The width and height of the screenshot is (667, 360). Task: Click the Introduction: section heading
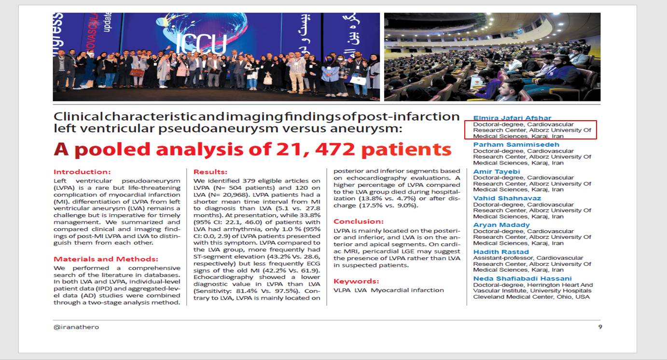point(82,172)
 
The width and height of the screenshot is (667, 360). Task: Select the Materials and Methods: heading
point(106,259)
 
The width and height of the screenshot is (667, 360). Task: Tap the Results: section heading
point(210,172)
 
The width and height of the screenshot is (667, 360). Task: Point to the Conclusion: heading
point(359,222)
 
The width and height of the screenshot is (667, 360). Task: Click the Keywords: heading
point(356,281)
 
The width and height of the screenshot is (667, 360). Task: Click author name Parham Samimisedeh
point(516,145)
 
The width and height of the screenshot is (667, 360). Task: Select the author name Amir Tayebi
point(496,172)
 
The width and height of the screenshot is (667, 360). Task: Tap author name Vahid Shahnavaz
point(507,198)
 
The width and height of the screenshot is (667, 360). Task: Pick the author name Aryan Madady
point(501,225)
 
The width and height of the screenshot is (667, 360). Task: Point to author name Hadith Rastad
point(500,252)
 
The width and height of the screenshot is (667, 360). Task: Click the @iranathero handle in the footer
point(76,327)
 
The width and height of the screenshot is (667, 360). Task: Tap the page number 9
point(600,327)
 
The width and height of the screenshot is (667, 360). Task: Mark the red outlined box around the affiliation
point(530,130)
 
